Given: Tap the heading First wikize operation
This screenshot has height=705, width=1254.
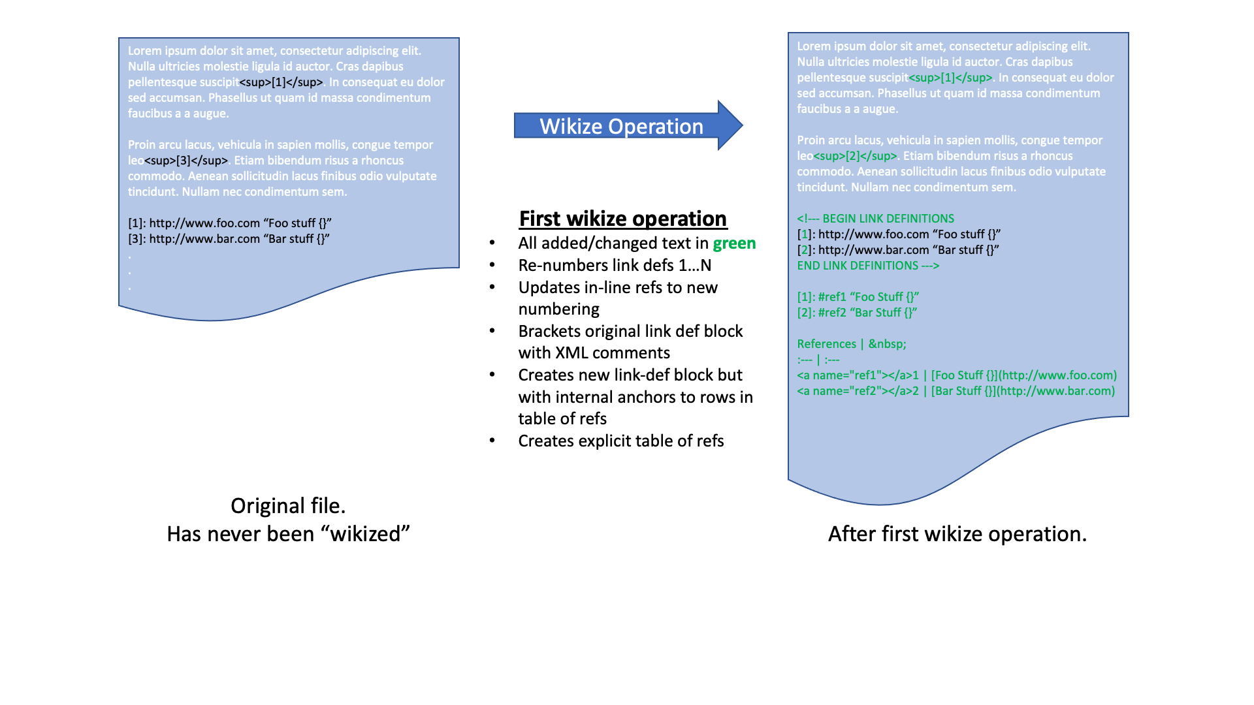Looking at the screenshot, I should pos(622,219).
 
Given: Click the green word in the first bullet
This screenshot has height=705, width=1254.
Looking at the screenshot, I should pos(734,243).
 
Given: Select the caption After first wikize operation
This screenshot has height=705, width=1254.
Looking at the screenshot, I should pos(957,534).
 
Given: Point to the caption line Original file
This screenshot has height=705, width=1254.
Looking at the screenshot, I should pos(288,506).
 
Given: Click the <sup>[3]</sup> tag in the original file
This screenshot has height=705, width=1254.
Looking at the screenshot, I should pos(186,161).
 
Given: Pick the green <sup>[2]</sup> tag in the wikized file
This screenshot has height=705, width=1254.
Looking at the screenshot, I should pos(855,156).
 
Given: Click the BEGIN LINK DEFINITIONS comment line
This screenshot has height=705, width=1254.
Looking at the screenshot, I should pos(875,219).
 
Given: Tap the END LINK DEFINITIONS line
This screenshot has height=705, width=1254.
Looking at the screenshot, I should pos(868,266).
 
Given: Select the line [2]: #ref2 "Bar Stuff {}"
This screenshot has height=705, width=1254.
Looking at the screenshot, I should pos(857,313).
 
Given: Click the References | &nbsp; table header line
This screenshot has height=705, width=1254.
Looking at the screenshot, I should pos(852,344).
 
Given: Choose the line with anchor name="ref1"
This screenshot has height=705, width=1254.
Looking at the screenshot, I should pos(957,375).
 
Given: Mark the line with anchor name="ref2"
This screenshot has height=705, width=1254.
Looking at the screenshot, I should pos(956,391).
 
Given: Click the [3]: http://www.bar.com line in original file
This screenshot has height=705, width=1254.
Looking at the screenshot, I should pos(229,239).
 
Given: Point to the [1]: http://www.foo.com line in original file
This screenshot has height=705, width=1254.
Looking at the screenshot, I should pos(230,223).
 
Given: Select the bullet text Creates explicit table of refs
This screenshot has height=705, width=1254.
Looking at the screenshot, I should pos(620,441).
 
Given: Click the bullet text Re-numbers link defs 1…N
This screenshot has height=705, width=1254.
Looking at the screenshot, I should pos(615,266).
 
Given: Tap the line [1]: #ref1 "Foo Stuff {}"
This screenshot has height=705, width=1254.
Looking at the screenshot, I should pos(858,297).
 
